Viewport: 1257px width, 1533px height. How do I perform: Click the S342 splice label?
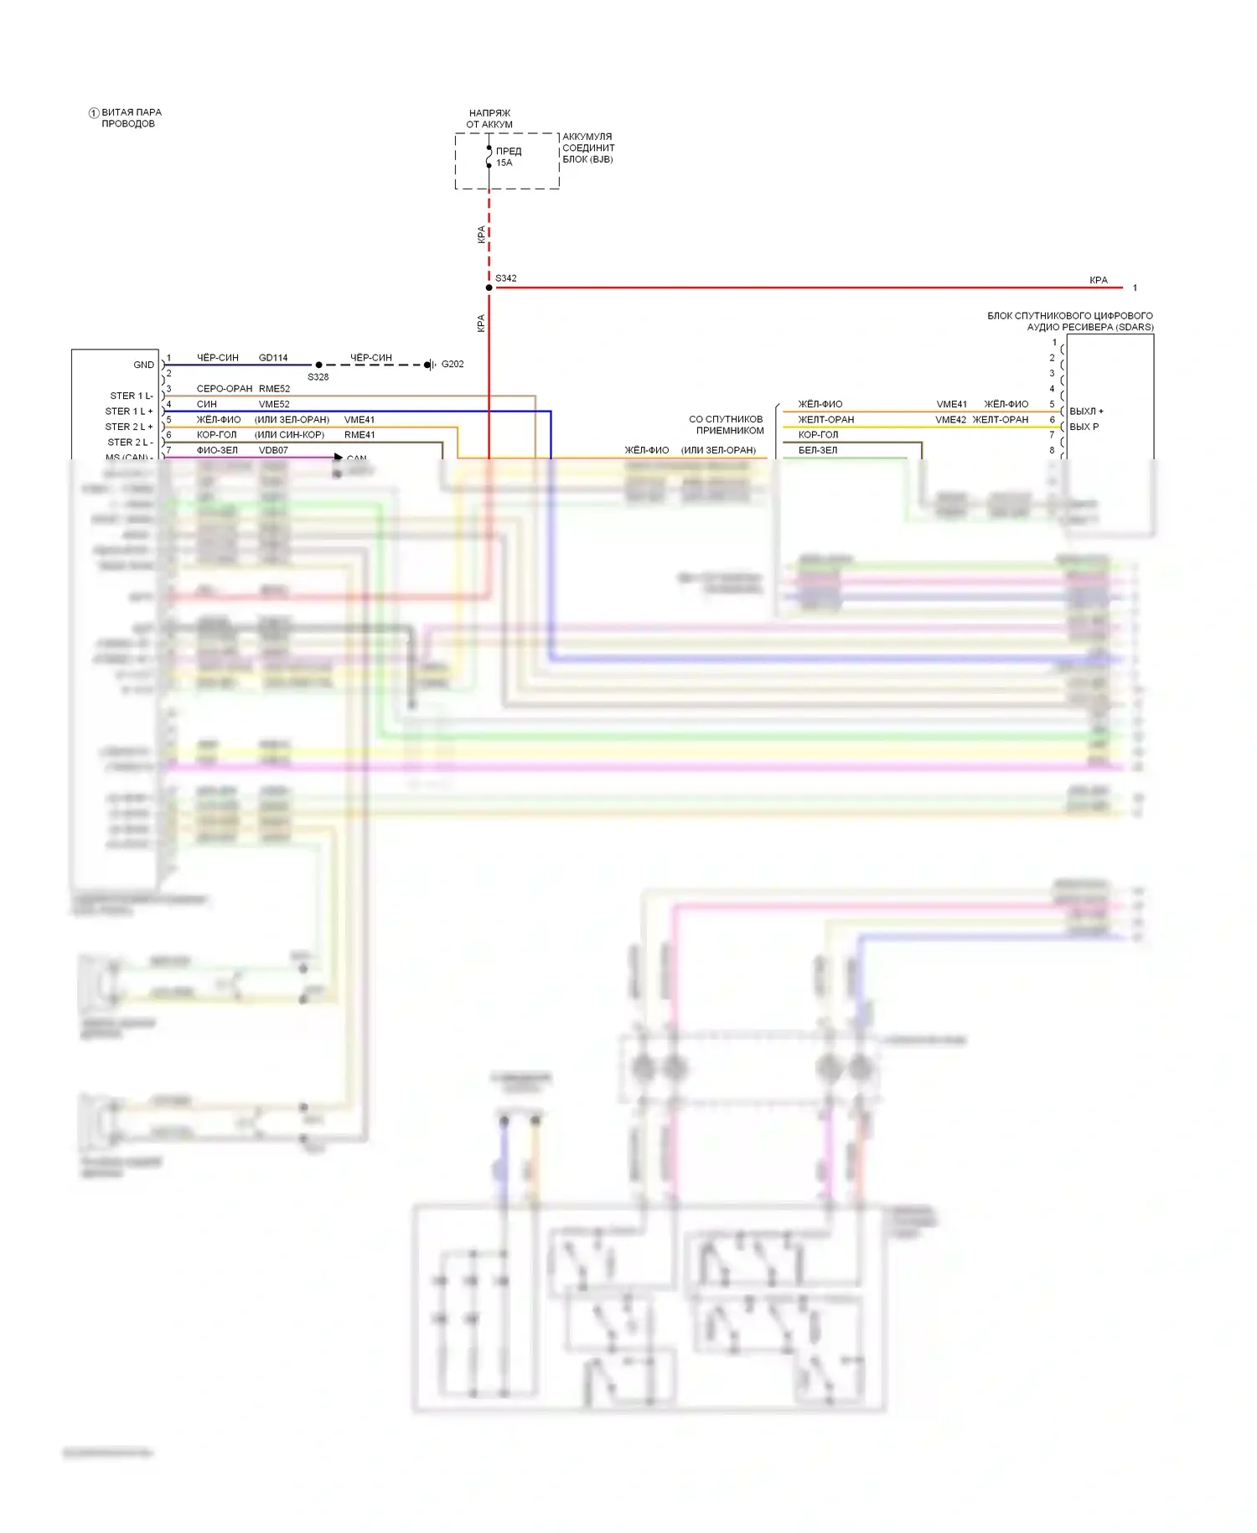click(x=506, y=278)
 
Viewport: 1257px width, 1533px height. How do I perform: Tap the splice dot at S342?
click(x=489, y=287)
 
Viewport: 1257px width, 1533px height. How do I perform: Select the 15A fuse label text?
click(x=504, y=163)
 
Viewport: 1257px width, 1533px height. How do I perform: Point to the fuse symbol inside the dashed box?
click(x=489, y=157)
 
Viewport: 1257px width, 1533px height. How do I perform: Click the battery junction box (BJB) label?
click(x=588, y=148)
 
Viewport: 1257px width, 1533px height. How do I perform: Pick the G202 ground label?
click(x=453, y=364)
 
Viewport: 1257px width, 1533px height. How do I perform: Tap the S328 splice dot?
click(x=318, y=365)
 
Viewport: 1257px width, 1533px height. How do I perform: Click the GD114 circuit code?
click(x=273, y=358)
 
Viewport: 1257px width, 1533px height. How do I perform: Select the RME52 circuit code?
click(x=275, y=389)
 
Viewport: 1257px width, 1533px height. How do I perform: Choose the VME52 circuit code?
click(x=274, y=404)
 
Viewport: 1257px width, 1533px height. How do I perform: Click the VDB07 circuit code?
click(x=273, y=450)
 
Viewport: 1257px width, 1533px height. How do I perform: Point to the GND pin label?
click(x=143, y=365)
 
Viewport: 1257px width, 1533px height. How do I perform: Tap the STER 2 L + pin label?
click(x=129, y=427)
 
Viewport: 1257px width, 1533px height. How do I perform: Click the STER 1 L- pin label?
click(x=132, y=396)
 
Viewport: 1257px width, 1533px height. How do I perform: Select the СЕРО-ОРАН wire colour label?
click(x=225, y=389)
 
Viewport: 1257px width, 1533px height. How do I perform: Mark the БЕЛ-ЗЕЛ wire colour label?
click(x=818, y=450)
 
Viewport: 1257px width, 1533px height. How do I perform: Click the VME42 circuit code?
click(x=950, y=420)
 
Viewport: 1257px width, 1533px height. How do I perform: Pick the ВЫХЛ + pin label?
click(x=1086, y=412)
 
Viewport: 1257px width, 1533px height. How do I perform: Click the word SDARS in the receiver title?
click(x=1135, y=327)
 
